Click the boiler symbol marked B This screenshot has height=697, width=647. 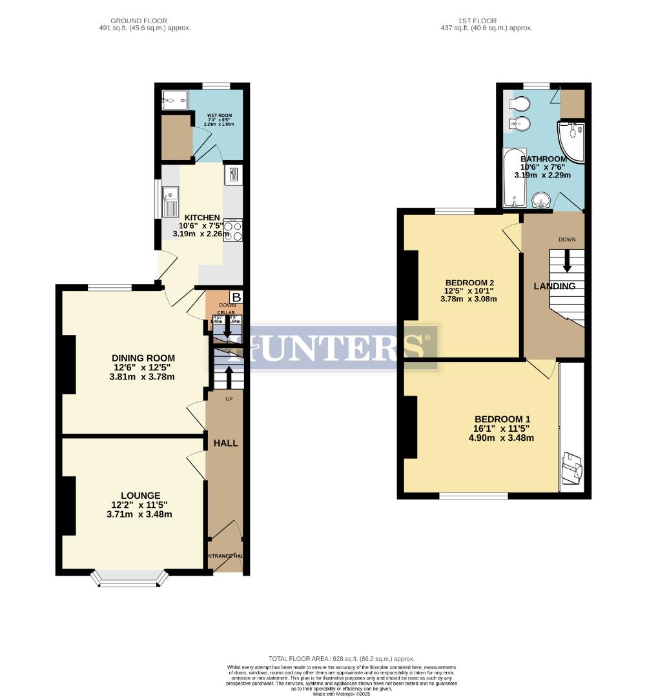[236, 297]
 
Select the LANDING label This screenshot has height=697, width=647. [554, 286]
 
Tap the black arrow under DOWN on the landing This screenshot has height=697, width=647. [567, 259]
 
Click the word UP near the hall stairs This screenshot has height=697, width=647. [229, 399]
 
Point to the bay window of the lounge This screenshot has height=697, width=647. [129, 578]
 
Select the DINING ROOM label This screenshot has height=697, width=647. [143, 358]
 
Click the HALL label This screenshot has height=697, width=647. [226, 443]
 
